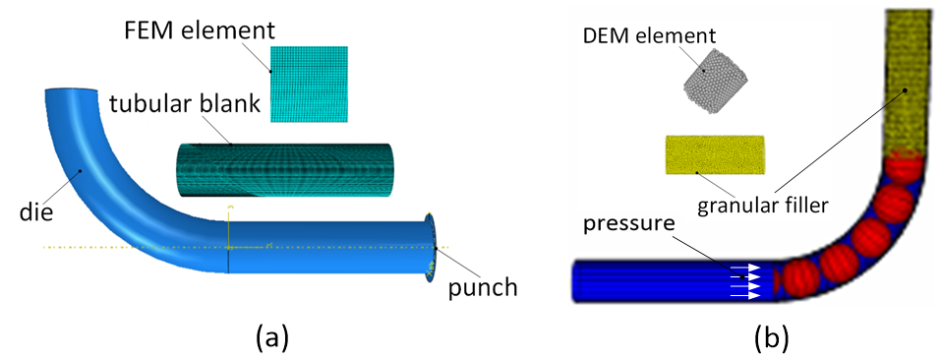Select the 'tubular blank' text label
(x=184, y=104)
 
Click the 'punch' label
(x=482, y=287)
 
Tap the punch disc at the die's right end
(x=431, y=246)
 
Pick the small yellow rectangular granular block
(x=714, y=155)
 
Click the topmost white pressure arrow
(x=743, y=267)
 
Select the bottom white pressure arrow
(x=745, y=295)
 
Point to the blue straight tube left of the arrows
(x=649, y=280)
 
